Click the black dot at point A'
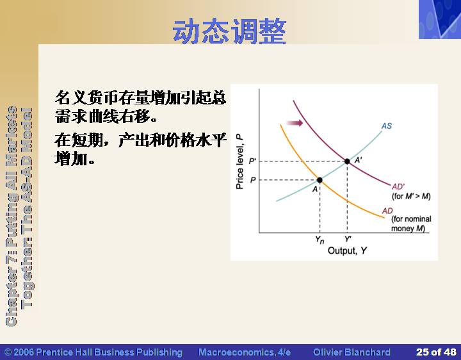coord(347,161)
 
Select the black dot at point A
coord(319,180)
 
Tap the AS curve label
coord(387,126)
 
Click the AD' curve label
coord(398,186)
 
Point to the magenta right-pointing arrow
coord(295,122)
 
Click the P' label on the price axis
coord(252,161)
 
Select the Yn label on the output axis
coord(319,240)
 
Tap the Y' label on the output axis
coord(348,239)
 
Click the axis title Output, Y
coord(347,250)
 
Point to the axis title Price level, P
coord(240,161)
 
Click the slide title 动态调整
coord(229,31)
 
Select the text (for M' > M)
coord(411,196)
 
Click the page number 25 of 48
coord(436,352)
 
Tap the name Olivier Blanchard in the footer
coord(352,352)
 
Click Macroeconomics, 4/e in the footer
coord(245,352)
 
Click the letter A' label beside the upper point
coord(359,160)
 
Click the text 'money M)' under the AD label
coord(408,229)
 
